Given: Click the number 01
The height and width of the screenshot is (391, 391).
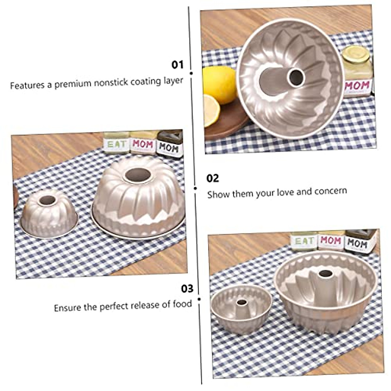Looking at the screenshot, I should [x=178, y=65].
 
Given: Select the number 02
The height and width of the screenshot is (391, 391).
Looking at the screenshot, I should [x=213, y=178].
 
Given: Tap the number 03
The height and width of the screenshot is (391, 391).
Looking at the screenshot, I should [x=187, y=289].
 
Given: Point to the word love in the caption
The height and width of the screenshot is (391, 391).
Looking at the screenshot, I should [x=286, y=192].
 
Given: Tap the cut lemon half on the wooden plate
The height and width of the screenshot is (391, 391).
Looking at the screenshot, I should [x=212, y=110].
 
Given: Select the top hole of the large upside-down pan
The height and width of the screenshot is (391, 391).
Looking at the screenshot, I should [x=138, y=175].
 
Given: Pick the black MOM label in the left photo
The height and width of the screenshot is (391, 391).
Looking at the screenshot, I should [x=169, y=148].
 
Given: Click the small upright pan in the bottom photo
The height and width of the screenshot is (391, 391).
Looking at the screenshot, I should [x=241, y=308].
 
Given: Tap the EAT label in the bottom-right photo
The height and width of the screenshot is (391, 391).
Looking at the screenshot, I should [x=304, y=241].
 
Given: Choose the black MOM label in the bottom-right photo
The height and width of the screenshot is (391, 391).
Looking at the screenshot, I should [x=357, y=243].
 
